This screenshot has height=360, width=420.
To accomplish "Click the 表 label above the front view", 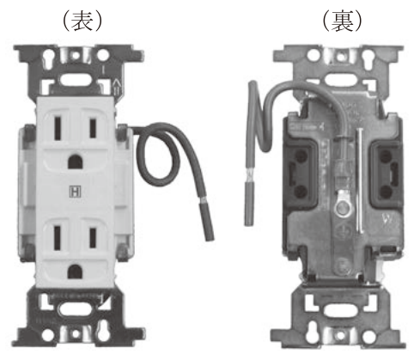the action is [82, 21].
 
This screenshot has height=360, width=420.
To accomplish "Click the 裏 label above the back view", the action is [342, 21].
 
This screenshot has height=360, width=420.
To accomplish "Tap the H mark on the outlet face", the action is [76, 192].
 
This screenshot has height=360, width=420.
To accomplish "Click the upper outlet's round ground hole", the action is [76, 162].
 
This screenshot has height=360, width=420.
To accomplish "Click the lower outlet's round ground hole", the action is [75, 272].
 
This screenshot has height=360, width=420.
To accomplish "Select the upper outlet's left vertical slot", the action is [58, 128].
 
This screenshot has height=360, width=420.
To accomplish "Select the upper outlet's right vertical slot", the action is [93, 128].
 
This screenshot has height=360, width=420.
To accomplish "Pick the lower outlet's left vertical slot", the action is [58, 238].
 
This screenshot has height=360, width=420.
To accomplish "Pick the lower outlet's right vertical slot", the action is [93, 238].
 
